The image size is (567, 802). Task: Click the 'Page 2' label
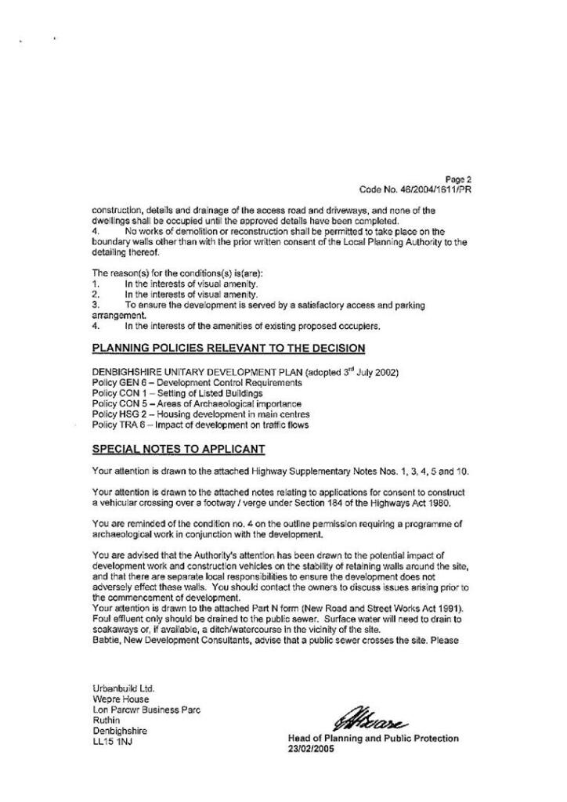coord(457,179)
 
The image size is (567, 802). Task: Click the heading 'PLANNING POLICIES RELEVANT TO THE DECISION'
coord(228,348)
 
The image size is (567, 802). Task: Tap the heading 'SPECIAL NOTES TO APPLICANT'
coord(179,449)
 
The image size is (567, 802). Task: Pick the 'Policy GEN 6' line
coord(197,382)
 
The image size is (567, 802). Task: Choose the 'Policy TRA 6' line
coord(200,424)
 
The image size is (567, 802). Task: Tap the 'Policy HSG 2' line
coord(200,414)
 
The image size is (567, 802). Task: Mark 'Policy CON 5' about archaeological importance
coord(197,403)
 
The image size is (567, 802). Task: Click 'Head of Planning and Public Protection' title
coord(374,739)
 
